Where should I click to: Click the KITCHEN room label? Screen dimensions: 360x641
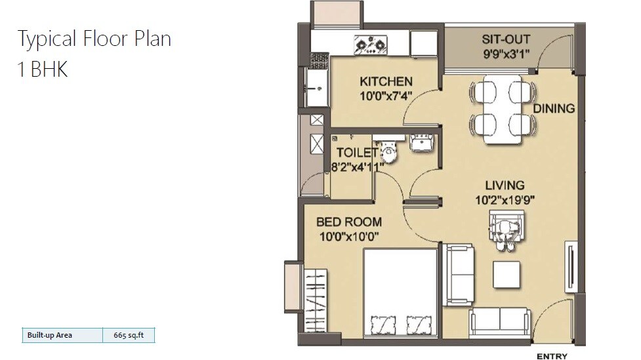[386, 81]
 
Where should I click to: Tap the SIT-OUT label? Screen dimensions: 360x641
[506, 40]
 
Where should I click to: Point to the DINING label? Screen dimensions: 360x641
[554, 108]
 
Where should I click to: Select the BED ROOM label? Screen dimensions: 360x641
[348, 222]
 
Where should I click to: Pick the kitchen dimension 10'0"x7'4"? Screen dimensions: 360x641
[386, 96]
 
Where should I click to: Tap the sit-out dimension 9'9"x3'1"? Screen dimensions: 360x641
[506, 54]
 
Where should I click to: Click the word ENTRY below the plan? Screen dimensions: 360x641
[552, 357]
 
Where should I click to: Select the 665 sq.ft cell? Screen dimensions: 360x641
[128, 335]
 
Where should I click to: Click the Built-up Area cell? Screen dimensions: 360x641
[49, 335]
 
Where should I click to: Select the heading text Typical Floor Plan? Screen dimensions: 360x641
[94, 39]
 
